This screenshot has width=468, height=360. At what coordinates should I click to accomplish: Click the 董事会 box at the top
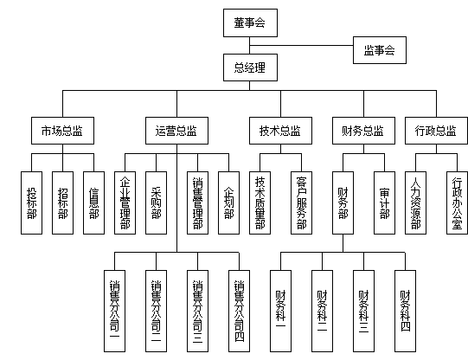tap(249, 23)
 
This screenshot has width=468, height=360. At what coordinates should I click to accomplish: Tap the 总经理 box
tap(249, 67)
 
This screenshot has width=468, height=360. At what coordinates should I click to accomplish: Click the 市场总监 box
tap(62, 132)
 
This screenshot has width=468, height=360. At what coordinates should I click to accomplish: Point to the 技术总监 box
tap(279, 132)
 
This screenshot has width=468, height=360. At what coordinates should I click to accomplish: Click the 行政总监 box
tap(435, 132)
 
